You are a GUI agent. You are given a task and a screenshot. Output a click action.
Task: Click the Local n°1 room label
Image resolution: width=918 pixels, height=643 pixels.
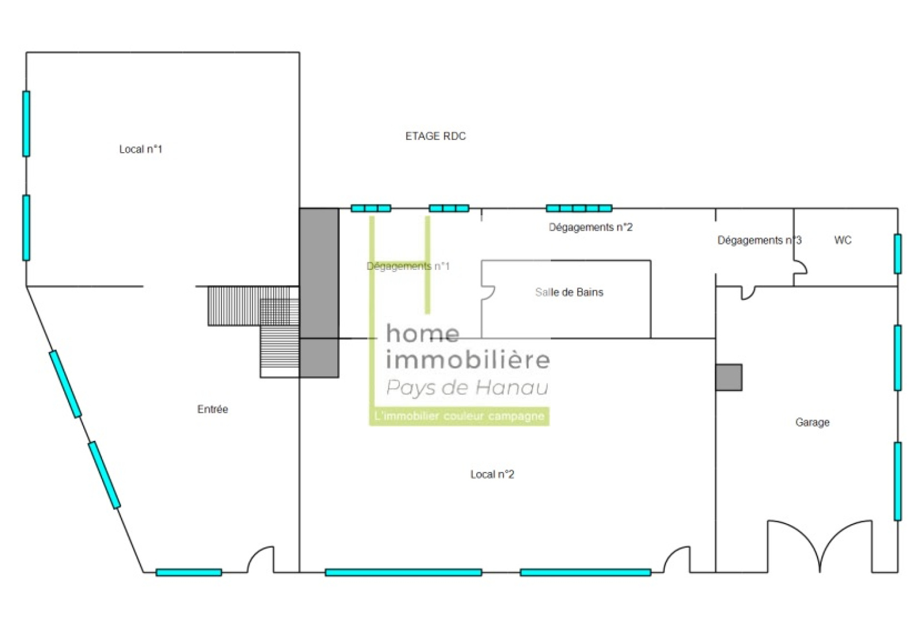(141, 149)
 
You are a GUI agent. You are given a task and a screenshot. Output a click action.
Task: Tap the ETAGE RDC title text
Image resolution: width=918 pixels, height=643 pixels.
(435, 136)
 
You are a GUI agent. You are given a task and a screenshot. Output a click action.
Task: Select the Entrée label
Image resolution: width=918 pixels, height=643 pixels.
(212, 409)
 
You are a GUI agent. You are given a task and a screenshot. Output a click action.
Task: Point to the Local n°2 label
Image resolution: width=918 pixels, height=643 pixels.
(492, 474)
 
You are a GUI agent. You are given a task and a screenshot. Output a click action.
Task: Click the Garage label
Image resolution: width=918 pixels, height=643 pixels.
(812, 423)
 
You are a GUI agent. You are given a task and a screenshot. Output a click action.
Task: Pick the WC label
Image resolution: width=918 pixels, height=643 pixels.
(843, 240)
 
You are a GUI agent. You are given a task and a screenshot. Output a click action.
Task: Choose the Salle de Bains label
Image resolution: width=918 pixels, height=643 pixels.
(569, 292)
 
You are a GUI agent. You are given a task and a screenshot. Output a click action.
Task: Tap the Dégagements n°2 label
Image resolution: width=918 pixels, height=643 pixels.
(590, 227)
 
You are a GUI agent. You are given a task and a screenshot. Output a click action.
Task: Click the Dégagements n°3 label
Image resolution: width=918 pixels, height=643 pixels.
(759, 240)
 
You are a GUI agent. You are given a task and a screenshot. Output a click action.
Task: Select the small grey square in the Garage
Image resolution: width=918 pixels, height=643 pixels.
(729, 377)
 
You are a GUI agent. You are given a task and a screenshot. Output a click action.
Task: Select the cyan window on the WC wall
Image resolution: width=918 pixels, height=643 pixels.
(897, 254)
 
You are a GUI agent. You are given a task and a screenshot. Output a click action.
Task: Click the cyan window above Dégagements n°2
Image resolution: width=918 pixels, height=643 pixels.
(579, 208)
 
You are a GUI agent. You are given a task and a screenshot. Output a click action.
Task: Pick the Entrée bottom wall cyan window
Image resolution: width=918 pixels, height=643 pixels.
(189, 572)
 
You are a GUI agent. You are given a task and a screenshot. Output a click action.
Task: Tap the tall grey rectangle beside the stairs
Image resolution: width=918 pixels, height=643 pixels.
(319, 293)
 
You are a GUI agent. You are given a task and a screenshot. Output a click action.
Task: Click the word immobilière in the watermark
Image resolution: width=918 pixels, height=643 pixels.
(468, 359)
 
